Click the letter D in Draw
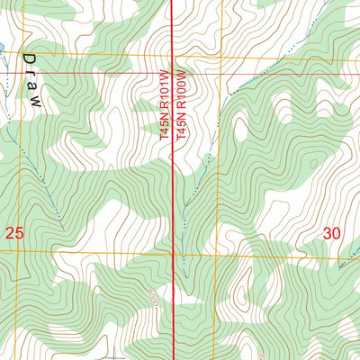[29, 58]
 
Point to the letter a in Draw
[32, 88]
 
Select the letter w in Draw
[35, 103]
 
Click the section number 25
[13, 234]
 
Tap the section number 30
[332, 233]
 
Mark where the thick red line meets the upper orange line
[173, 60]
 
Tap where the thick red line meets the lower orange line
[173, 254]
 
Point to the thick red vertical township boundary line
[173, 180]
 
